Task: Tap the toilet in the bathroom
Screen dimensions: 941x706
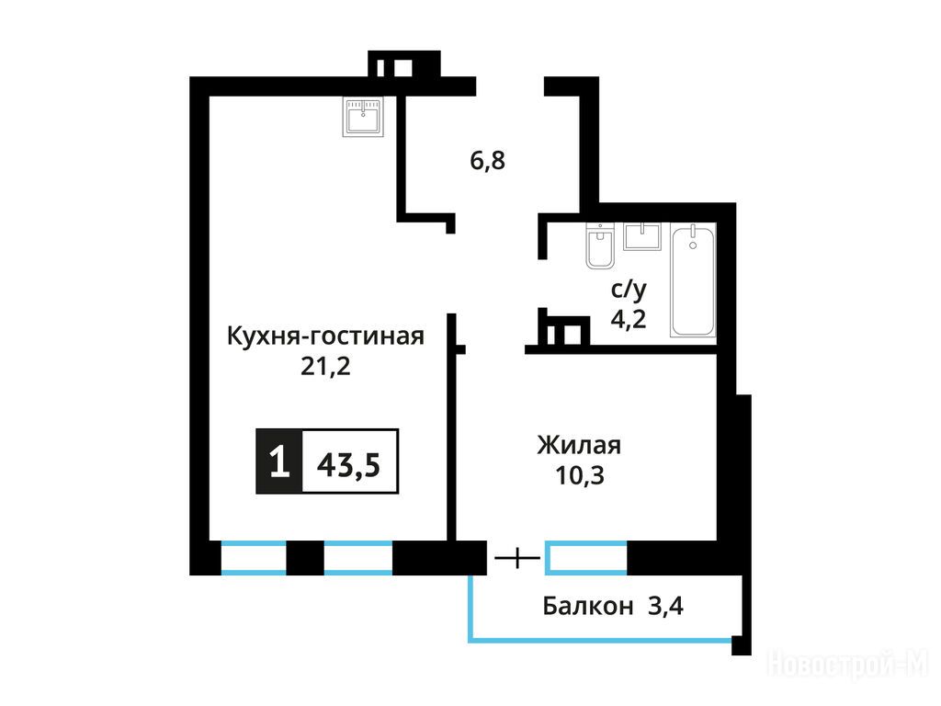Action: (x=600, y=246)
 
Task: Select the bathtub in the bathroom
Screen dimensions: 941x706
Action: (x=693, y=280)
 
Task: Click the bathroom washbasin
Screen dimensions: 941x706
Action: (x=642, y=236)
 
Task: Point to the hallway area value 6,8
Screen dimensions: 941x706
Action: (x=487, y=161)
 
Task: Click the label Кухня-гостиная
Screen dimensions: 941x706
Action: (x=325, y=336)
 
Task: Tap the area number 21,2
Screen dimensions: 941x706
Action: (x=325, y=366)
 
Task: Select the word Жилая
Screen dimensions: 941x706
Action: (x=579, y=446)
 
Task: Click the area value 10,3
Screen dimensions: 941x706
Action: (x=580, y=475)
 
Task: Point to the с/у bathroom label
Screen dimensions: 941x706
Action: (x=629, y=290)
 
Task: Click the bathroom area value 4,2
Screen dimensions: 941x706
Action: (x=629, y=319)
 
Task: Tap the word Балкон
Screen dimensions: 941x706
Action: (x=587, y=607)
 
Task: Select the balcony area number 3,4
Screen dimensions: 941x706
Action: (x=665, y=607)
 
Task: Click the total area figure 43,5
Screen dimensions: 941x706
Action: (x=348, y=464)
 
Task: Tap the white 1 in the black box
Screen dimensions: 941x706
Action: (x=279, y=461)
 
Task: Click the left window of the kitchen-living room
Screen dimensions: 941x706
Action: (x=254, y=558)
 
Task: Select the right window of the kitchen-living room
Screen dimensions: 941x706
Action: (x=358, y=558)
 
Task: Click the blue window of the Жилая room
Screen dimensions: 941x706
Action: (x=585, y=558)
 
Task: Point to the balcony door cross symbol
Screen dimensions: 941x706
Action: (x=517, y=559)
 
